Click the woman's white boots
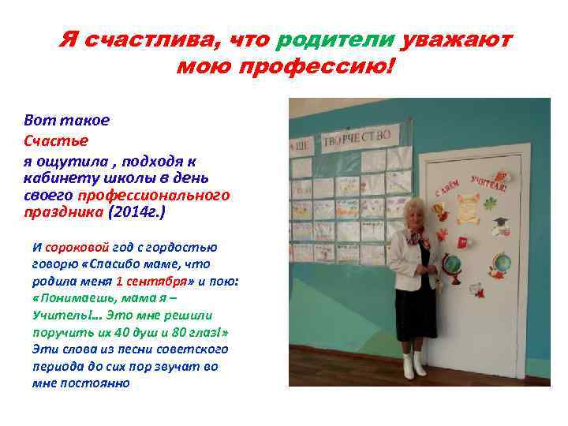413,364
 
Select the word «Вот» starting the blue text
37,121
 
